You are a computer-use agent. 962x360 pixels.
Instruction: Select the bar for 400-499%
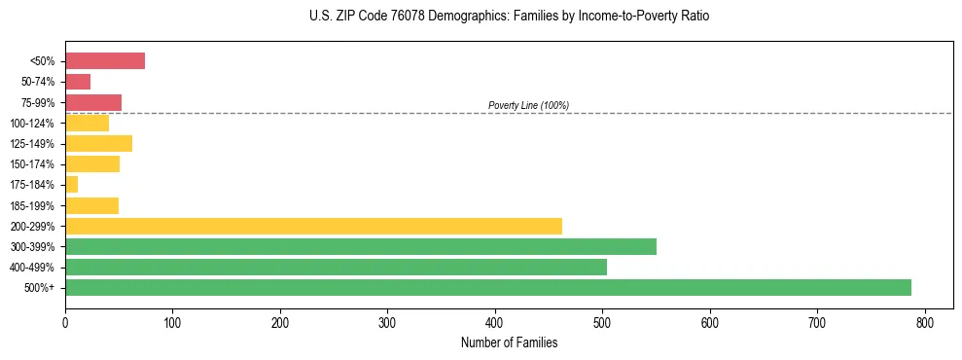click(x=336, y=268)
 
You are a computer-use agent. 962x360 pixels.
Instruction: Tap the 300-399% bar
click(x=361, y=246)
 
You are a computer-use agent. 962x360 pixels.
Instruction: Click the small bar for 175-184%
click(x=71, y=185)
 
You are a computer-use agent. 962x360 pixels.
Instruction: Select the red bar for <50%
click(x=105, y=61)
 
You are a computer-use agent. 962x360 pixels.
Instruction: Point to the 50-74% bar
click(x=78, y=82)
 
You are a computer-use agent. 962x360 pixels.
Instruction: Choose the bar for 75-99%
click(x=93, y=102)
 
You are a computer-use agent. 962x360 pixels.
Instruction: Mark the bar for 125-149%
click(x=98, y=144)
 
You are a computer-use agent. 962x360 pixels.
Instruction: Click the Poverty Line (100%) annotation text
click(x=528, y=105)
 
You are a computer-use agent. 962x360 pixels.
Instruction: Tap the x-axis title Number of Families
click(x=509, y=342)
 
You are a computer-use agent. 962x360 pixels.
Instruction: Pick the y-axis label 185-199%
click(x=32, y=205)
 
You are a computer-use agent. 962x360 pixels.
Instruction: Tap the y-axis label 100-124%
click(x=32, y=124)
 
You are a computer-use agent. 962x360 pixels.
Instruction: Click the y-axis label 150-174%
click(x=32, y=164)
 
